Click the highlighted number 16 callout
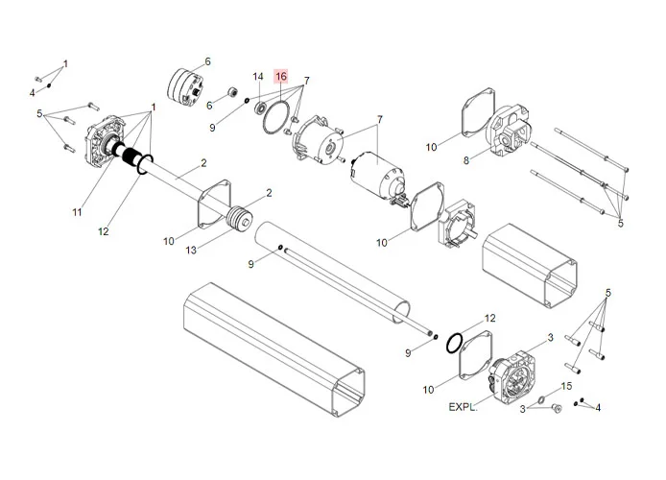point(280,76)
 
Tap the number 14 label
point(258,76)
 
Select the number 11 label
point(77,210)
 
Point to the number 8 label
point(466,160)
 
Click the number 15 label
point(566,385)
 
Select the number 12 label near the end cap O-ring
point(489,317)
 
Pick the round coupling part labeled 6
point(187,83)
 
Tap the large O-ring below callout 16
point(277,118)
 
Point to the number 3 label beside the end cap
point(550,337)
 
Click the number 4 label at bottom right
point(598,407)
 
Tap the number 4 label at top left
point(32,92)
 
